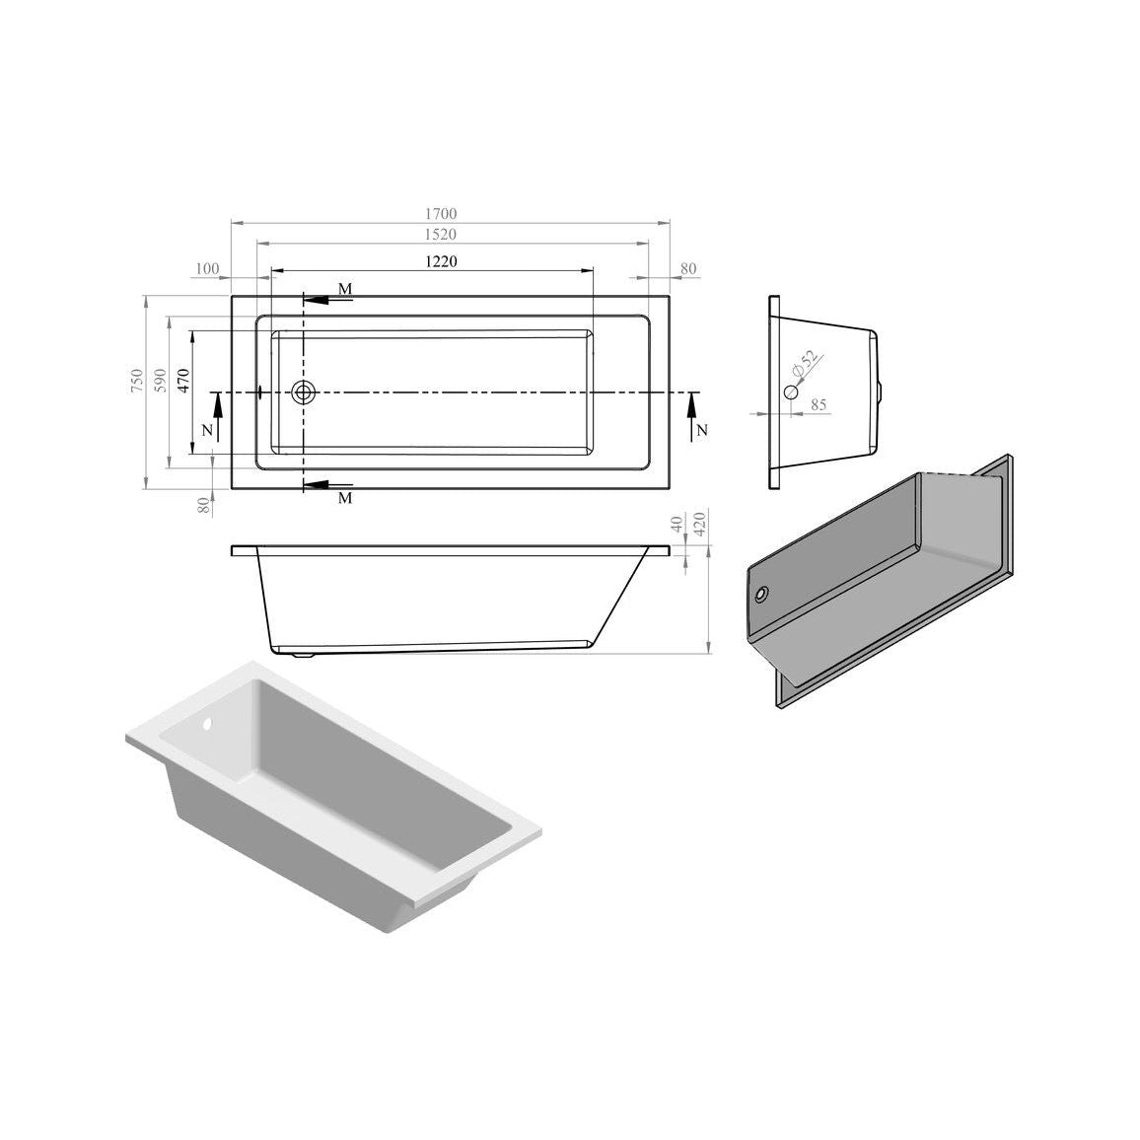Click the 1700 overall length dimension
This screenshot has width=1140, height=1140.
point(441,214)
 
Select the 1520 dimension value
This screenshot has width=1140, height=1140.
point(441,234)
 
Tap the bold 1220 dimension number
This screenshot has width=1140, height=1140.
point(441,261)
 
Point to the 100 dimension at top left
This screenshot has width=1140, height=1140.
point(207,269)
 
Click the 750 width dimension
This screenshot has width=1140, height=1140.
point(137,381)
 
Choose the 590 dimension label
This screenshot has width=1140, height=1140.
point(161,381)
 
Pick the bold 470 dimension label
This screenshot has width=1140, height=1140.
point(183,381)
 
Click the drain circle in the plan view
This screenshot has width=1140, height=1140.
point(303,392)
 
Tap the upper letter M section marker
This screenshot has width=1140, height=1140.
point(345,289)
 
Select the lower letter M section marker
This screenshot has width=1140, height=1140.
point(345,498)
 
